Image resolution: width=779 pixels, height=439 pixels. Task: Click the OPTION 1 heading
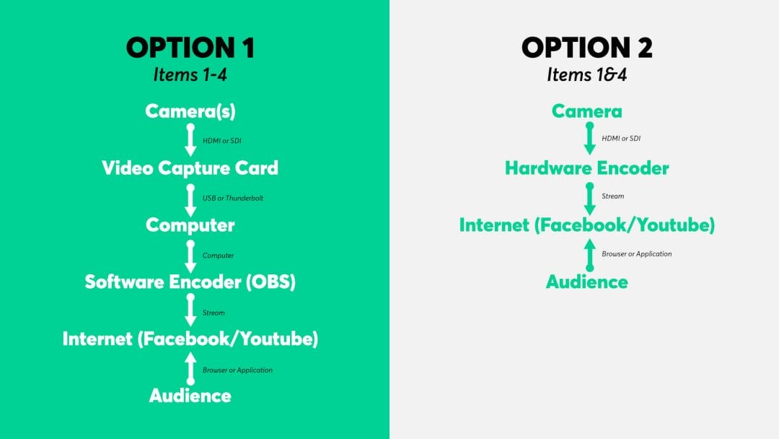(190, 48)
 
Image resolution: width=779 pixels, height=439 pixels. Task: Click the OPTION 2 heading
(586, 48)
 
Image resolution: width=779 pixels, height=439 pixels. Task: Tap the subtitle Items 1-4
(190, 75)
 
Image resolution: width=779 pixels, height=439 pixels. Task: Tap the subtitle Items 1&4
(586, 75)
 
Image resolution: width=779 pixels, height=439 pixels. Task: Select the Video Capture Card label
(190, 168)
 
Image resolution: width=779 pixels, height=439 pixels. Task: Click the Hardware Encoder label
(586, 168)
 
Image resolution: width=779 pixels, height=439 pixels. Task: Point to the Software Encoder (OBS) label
(190, 282)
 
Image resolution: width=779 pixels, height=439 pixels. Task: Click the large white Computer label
(190, 225)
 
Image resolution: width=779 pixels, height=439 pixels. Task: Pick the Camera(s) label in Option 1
(190, 111)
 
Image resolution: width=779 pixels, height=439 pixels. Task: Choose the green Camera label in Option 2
(586, 111)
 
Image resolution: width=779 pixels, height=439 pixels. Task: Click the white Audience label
(190, 396)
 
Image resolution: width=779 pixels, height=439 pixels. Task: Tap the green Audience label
(586, 282)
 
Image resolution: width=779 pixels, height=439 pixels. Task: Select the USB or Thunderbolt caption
(233, 198)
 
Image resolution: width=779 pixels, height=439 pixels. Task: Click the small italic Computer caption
(218, 256)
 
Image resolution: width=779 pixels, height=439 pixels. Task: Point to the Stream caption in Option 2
(613, 196)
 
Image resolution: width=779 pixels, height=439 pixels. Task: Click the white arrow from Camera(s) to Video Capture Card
(190, 139)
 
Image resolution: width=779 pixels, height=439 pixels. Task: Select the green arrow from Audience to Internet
(590, 255)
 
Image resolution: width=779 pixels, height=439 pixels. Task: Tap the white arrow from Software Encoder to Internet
(190, 310)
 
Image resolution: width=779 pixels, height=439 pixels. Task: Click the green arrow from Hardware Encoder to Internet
(590, 199)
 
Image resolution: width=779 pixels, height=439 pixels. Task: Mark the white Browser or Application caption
(237, 370)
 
